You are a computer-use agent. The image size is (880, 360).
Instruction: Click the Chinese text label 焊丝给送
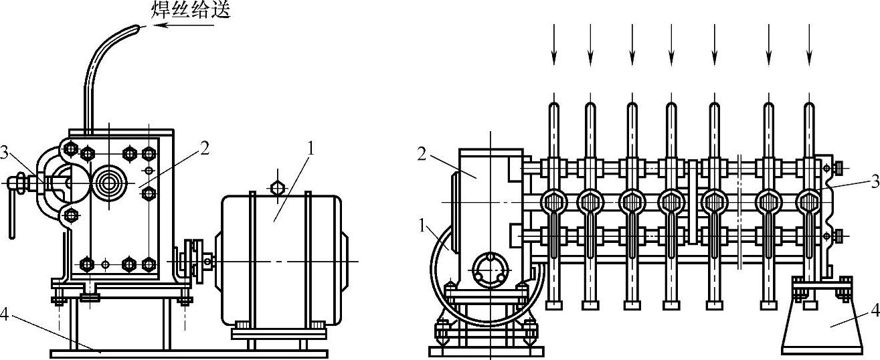point(191,10)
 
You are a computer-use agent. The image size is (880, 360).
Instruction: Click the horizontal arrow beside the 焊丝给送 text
point(184,25)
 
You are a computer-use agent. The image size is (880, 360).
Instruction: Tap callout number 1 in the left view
point(311,149)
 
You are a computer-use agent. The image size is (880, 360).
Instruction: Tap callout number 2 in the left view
point(205,149)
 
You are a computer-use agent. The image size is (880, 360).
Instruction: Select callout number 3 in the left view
point(4,153)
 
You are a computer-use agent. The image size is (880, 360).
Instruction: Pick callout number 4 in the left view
point(4,314)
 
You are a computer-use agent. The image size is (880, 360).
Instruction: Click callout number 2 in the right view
point(422,155)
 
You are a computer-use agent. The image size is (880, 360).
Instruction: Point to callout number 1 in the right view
point(422,226)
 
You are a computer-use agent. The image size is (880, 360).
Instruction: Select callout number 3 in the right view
point(875,181)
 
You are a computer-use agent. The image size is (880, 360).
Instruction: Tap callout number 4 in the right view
point(875,311)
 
